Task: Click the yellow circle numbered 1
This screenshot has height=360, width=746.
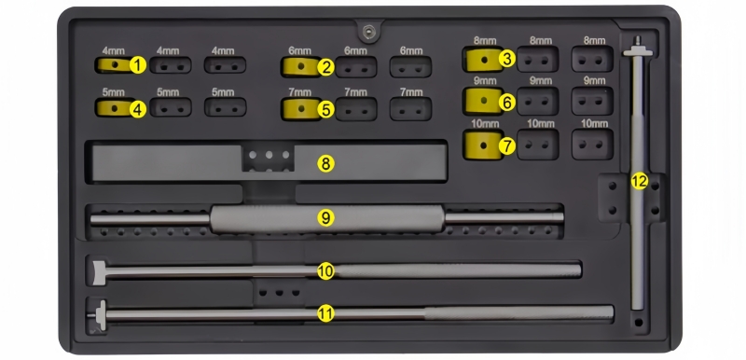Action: pos(137,65)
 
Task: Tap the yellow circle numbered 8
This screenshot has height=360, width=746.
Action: pos(325,164)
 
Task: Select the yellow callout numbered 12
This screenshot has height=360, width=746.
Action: pos(640,181)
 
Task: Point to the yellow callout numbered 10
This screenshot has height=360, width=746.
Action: pos(325,271)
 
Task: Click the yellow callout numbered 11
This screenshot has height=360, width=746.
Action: pos(325,314)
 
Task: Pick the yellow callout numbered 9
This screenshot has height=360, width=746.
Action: pos(325,218)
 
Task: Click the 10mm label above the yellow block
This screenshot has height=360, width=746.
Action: pos(484,124)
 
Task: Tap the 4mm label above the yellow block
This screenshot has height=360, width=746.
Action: pos(113,50)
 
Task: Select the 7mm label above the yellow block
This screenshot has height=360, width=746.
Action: pos(299,91)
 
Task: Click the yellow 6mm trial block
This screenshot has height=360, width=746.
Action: pos(300,66)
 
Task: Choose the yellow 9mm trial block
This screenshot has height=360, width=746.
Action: pos(483,101)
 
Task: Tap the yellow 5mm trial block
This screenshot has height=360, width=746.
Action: pos(114,108)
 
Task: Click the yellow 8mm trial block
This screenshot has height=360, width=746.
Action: pos(483,60)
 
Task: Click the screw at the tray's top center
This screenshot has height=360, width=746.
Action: pos(368,32)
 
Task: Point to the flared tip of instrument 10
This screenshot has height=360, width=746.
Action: pos(98,272)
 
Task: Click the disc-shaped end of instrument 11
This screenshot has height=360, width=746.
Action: pos(102,315)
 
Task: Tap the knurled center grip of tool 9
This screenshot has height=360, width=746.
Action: pos(327,219)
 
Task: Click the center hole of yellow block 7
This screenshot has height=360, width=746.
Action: pos(484,145)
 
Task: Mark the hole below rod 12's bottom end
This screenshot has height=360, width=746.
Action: pos(639,323)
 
